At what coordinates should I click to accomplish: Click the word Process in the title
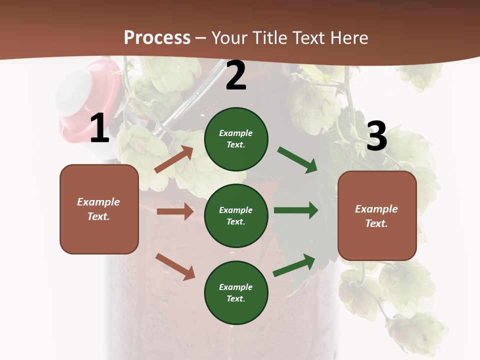tap(157, 38)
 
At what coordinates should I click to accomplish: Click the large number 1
tap(99, 128)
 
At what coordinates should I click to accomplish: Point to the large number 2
tap(236, 75)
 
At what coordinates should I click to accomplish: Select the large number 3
tap(376, 136)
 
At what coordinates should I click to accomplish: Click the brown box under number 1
tap(99, 209)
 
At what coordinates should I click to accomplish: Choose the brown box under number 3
tap(377, 215)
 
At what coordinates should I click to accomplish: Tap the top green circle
tap(236, 139)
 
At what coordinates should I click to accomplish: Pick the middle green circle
tap(236, 215)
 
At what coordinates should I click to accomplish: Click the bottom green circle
tap(236, 292)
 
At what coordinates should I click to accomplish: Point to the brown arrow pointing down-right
tap(175, 266)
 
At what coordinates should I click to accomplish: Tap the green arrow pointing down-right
tap(297, 160)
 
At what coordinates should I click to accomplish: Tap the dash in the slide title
tap(201, 38)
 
